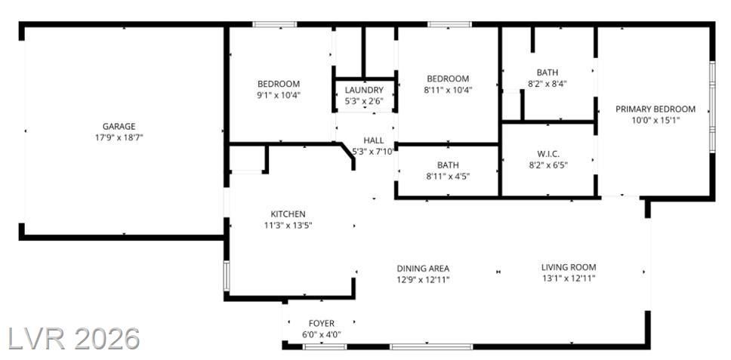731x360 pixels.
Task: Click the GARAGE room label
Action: tap(119, 126)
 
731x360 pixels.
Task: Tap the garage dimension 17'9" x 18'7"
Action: tap(119, 137)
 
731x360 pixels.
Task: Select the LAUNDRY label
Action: tap(364, 90)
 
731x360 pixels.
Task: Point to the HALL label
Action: tap(374, 140)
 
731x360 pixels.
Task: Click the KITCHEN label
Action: tap(288, 214)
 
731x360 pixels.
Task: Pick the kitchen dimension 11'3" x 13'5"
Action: tap(288, 226)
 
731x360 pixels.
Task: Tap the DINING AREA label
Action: tap(423, 268)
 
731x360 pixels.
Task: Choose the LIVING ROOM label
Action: tap(569, 267)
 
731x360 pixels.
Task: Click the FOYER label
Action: tap(322, 323)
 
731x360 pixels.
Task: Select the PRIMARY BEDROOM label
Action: tap(655, 109)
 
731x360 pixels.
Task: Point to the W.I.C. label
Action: tap(547, 153)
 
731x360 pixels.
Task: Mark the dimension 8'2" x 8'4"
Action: tap(547, 84)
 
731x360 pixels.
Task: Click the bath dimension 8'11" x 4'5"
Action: tap(448, 176)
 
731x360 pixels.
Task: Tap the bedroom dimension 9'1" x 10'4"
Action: tap(279, 95)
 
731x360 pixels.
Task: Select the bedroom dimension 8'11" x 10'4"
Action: tap(448, 90)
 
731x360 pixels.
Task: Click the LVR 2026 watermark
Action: tap(74, 339)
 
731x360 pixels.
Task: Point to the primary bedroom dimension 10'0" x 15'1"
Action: tap(655, 120)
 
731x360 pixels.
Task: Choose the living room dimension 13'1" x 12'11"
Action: tap(569, 278)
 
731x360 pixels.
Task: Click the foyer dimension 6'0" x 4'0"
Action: tap(322, 334)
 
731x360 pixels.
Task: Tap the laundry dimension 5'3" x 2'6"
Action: tap(364, 100)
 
